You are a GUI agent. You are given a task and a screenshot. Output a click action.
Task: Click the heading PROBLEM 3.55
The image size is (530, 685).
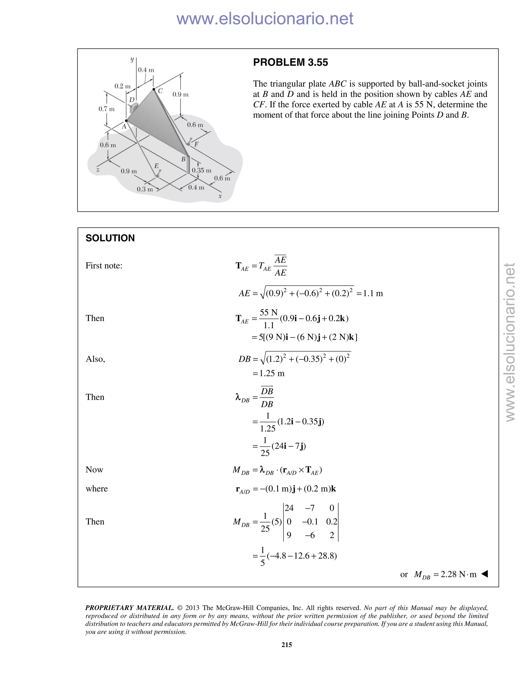tap(290, 62)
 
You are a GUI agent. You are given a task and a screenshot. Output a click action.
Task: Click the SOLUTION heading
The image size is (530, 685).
tap(110, 238)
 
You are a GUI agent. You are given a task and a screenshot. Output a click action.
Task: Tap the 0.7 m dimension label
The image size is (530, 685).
tap(106, 109)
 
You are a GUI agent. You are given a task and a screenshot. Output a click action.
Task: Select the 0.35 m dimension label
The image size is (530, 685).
tap(202, 170)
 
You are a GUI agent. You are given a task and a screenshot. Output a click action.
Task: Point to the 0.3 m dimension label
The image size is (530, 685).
tap(145, 189)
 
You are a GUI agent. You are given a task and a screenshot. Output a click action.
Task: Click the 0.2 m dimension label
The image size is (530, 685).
tap(122, 86)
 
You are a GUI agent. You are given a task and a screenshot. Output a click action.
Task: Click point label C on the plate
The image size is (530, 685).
tap(160, 91)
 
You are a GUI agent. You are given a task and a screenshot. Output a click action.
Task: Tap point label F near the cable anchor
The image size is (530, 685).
tap(196, 144)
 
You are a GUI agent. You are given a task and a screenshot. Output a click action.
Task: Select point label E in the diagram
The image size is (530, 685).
tap(156, 166)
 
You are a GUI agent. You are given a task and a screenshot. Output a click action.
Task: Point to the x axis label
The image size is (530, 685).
tap(220, 196)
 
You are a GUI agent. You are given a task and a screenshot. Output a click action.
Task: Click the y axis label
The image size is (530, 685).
tap(132, 59)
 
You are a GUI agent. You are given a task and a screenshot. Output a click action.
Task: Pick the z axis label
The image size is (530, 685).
tap(98, 170)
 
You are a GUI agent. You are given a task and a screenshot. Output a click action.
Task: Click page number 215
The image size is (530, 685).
tap(287, 644)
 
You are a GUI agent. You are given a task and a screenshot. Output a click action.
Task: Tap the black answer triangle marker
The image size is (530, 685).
tap(484, 574)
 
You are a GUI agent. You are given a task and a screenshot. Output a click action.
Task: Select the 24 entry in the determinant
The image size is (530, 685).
tap(289, 508)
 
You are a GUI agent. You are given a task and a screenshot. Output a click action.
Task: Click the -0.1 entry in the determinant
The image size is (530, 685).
tap(310, 522)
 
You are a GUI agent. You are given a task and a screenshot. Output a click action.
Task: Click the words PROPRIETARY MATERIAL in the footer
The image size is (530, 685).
tap(129, 608)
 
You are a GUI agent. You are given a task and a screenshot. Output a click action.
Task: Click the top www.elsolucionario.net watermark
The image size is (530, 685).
tap(265, 19)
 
